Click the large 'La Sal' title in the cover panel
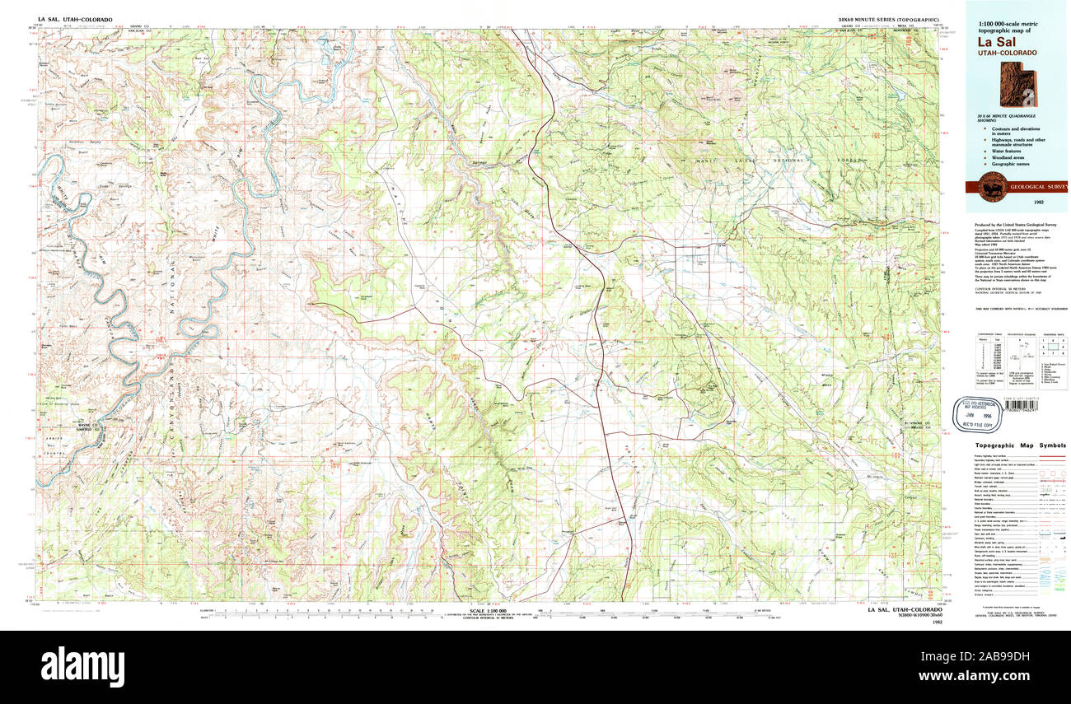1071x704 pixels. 993,41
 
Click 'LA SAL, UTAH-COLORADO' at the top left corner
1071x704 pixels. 75,19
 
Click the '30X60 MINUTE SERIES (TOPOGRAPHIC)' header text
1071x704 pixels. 876,19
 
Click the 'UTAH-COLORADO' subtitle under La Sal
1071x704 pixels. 1008,53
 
